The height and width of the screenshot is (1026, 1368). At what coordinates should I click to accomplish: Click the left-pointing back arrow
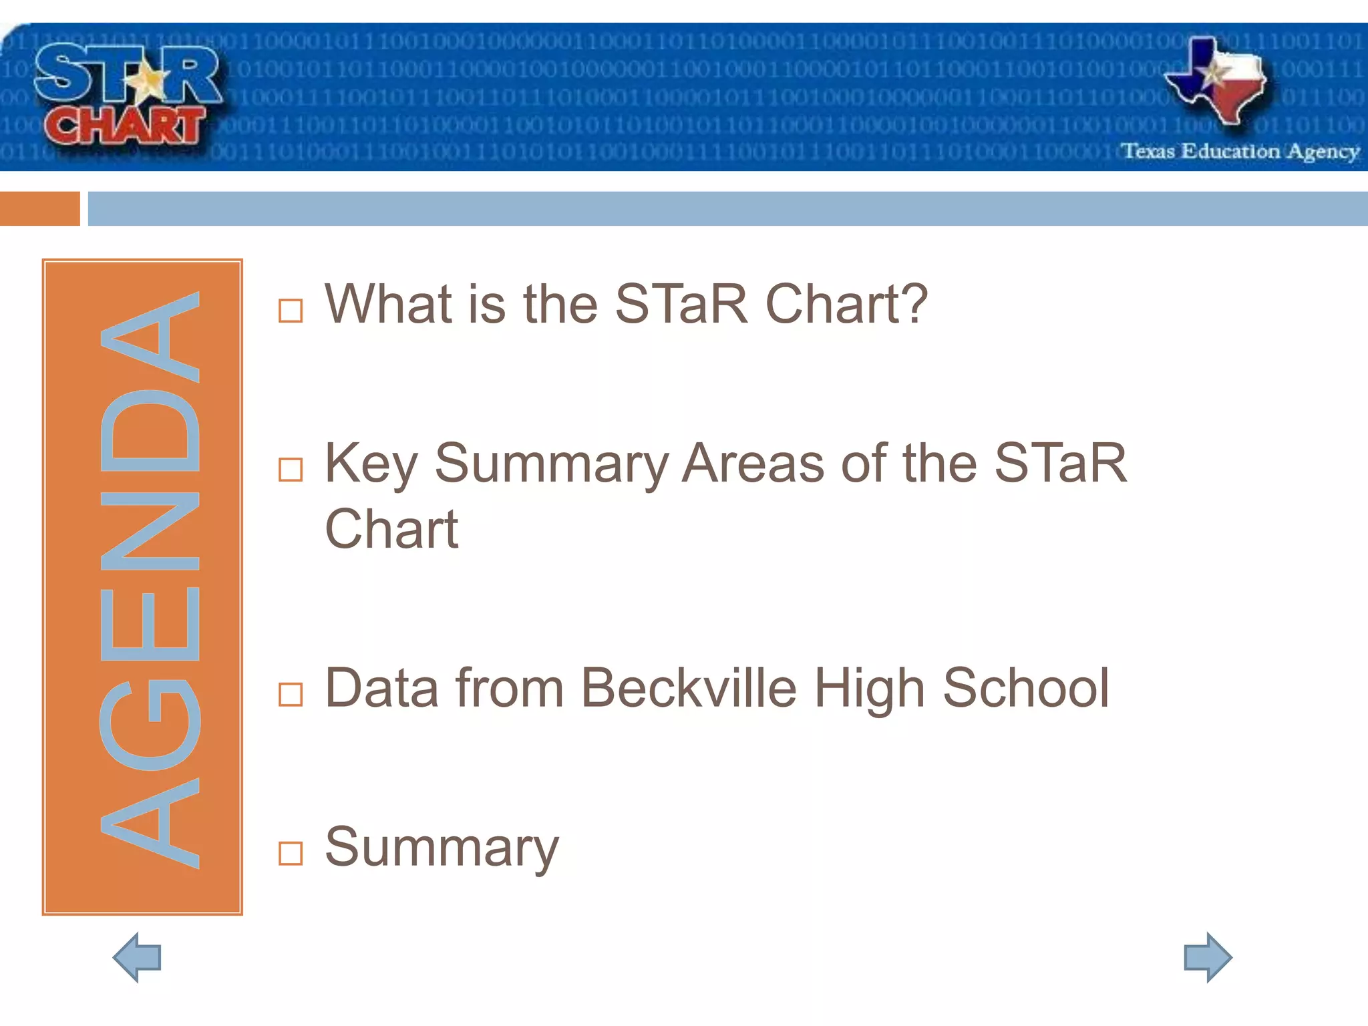[137, 957]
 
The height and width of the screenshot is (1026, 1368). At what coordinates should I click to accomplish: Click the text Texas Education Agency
[1240, 152]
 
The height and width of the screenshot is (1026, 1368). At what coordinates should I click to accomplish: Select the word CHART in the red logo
[125, 126]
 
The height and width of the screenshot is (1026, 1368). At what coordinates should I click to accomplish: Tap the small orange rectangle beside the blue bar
[39, 208]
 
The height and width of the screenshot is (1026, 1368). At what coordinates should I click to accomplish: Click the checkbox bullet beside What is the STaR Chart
[291, 311]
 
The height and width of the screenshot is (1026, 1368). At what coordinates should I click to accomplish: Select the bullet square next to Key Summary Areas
[291, 470]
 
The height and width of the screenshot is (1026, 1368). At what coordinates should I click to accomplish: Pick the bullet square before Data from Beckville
[291, 695]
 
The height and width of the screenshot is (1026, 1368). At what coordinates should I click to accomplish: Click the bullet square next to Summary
[291, 853]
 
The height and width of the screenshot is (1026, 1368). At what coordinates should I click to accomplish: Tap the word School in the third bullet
[1025, 688]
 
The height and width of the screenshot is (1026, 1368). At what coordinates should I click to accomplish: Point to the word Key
[371, 464]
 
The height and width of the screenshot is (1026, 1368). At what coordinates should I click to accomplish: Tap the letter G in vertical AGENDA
[150, 725]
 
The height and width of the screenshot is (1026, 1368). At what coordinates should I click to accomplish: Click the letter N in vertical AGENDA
[150, 531]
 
